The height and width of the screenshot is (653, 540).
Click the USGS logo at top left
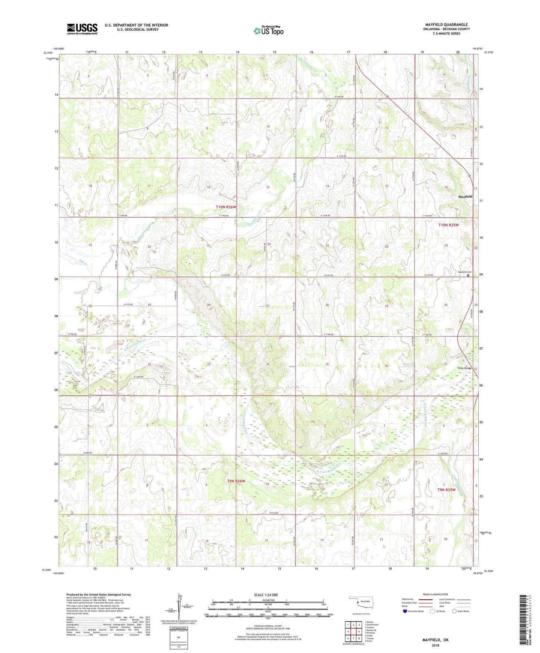pos(82,29)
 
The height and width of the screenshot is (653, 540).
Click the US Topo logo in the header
pos(268,31)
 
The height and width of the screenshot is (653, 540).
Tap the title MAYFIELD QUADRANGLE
pos(446,25)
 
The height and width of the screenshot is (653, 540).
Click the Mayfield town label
pos(465,196)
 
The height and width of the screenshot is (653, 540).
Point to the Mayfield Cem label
pos(465,272)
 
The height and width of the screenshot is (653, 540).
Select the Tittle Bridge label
pos(465,368)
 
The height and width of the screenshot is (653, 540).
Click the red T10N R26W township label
pos(226,207)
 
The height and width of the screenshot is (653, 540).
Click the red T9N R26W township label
pos(236,481)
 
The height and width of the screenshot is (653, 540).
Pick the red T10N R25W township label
pos(448,225)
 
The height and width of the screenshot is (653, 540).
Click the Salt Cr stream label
pos(83,264)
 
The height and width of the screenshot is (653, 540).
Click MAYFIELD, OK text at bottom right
pos(435,640)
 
